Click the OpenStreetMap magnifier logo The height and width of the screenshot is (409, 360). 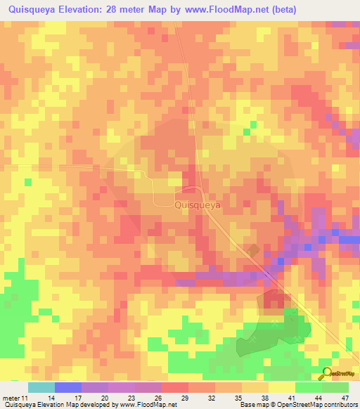[326, 373]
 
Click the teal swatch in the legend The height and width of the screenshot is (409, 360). [41, 387]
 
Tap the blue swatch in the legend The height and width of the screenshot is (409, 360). [67, 387]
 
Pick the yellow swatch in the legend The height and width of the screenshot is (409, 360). [281, 387]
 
